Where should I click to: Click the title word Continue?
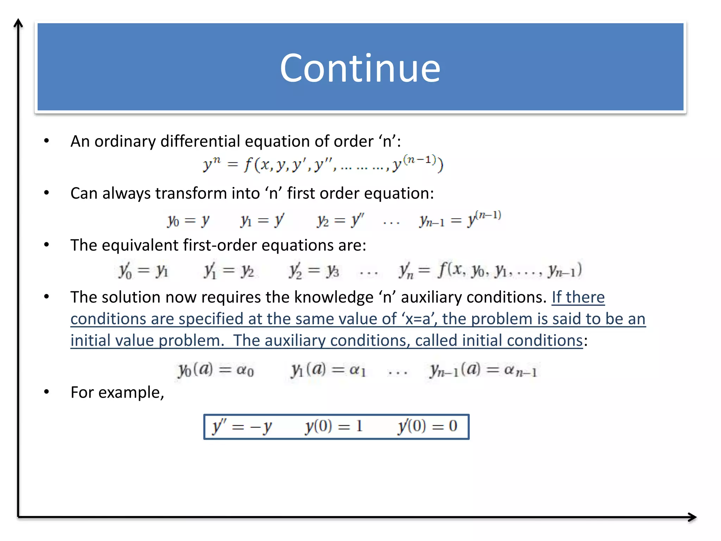point(360,68)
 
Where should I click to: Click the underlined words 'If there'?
point(578,297)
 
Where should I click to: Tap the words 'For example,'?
point(117,392)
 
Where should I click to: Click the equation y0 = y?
point(188,221)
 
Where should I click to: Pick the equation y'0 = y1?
point(143,271)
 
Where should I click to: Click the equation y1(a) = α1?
point(328,370)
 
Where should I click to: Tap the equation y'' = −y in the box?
point(242,427)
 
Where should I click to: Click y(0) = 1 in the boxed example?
point(333,427)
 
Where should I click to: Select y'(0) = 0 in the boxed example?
point(427,427)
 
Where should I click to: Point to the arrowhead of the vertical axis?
point(18,23)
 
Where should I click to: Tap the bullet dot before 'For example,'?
point(46,392)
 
